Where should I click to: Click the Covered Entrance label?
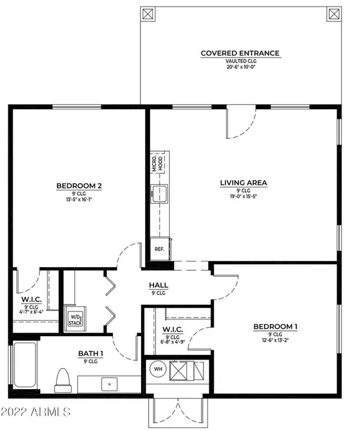click(240, 53)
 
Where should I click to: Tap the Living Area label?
click(244, 183)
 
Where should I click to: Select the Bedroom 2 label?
click(79, 186)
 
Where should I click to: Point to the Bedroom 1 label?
click(275, 327)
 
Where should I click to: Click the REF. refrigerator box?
click(160, 249)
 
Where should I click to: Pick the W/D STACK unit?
click(75, 319)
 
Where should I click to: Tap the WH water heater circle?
click(158, 369)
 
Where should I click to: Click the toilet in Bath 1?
click(63, 381)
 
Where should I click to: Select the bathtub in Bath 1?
click(25, 364)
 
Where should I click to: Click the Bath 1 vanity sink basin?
click(109, 384)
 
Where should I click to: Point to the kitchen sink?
click(160, 194)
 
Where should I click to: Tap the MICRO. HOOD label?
click(157, 163)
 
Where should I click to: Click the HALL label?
click(158, 285)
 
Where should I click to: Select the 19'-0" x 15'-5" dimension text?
click(244, 196)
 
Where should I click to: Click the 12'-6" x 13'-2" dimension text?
click(275, 340)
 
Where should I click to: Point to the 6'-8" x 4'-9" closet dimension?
click(173, 342)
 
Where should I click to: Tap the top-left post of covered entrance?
click(148, 14)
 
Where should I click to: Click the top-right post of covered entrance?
click(334, 14)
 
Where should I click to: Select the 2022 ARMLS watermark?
click(35, 412)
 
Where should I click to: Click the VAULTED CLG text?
click(241, 61)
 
